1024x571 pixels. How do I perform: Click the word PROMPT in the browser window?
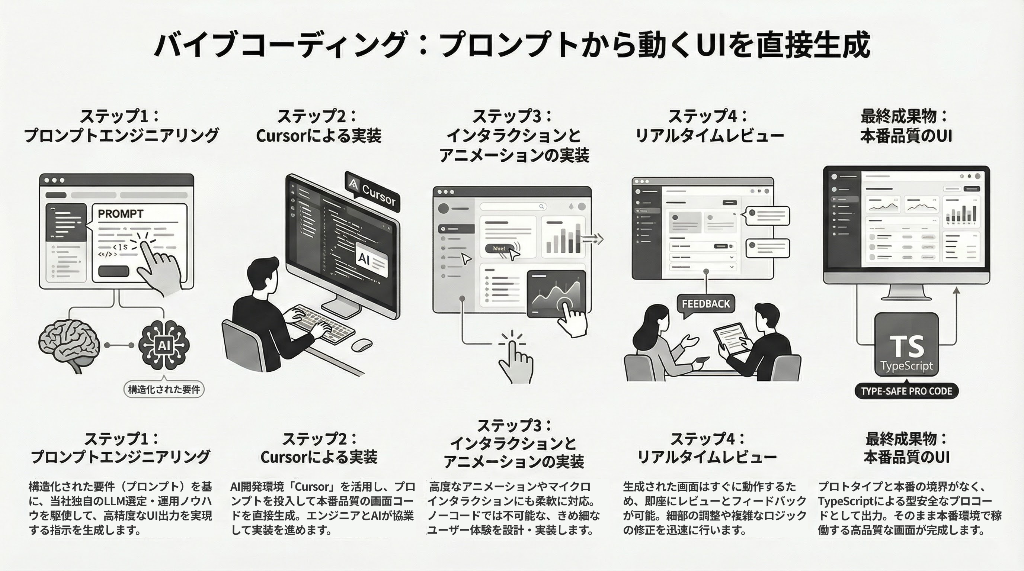(x=121, y=214)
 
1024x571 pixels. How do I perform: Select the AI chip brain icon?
(x=164, y=345)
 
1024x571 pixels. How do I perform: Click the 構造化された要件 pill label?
(x=164, y=390)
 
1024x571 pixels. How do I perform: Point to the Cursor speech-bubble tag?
(x=372, y=192)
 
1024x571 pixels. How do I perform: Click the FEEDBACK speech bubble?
(x=705, y=304)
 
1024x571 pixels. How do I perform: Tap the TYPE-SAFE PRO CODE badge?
(x=906, y=391)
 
